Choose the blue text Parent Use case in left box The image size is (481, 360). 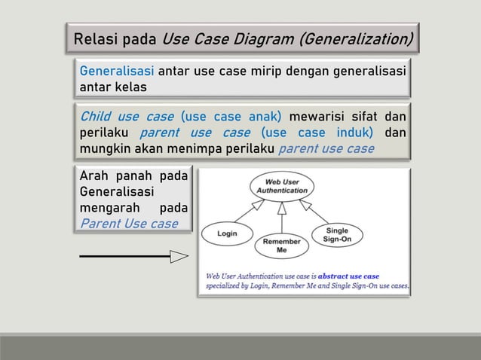(129, 223)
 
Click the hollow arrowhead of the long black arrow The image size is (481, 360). (179, 258)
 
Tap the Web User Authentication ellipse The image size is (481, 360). (281, 185)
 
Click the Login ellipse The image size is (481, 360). (227, 233)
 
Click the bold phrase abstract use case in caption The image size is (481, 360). (348, 276)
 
